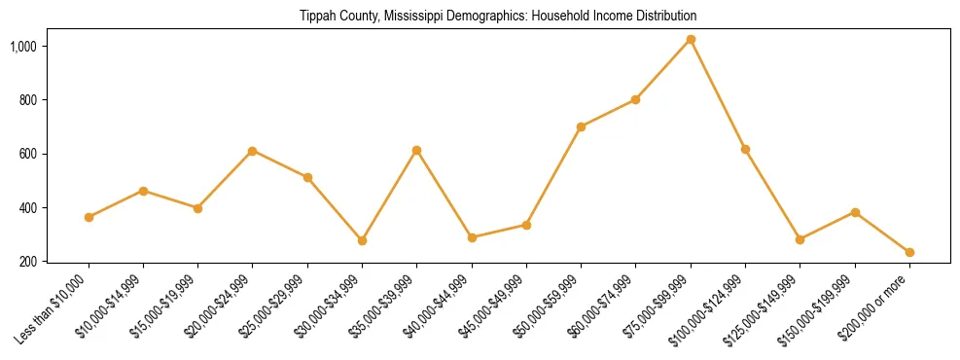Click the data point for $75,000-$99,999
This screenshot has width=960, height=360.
click(x=691, y=40)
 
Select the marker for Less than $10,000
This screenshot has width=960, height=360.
click(x=89, y=217)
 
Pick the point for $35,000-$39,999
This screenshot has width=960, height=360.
click(x=417, y=150)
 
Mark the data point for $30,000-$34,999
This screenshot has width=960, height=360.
click(x=362, y=240)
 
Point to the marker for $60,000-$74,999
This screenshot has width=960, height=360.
click(x=636, y=99)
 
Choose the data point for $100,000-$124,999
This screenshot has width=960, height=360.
click(x=745, y=149)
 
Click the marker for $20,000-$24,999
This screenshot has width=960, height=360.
click(x=253, y=151)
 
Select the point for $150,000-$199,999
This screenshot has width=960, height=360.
click(x=855, y=212)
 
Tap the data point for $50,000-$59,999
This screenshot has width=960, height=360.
click(x=581, y=126)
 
